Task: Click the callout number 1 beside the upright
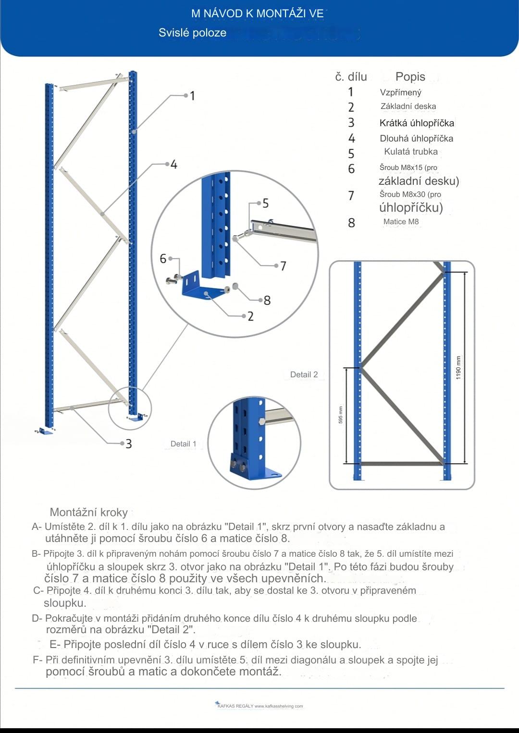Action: pyautogui.click(x=193, y=96)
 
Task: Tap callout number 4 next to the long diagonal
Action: pyautogui.click(x=174, y=165)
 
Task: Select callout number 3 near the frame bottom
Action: pyautogui.click(x=129, y=444)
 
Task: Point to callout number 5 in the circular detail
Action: pyautogui.click(x=265, y=204)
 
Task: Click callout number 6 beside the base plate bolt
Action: pyautogui.click(x=163, y=259)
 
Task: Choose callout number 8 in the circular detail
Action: pyautogui.click(x=267, y=300)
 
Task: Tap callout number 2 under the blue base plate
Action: pyautogui.click(x=250, y=316)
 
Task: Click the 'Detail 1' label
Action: pyautogui.click(x=184, y=444)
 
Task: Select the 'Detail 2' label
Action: pyautogui.click(x=304, y=375)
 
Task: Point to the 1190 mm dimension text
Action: pyautogui.click(x=458, y=368)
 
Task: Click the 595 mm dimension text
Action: pyautogui.click(x=341, y=415)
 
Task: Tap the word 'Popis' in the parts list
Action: pyautogui.click(x=410, y=77)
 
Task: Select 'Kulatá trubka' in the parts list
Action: pyautogui.click(x=411, y=152)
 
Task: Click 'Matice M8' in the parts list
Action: pyautogui.click(x=401, y=222)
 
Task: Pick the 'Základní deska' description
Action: pyautogui.click(x=408, y=107)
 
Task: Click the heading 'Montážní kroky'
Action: pyautogui.click(x=89, y=512)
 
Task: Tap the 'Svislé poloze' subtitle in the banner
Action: pyautogui.click(x=192, y=33)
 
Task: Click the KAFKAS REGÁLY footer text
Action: pyautogui.click(x=260, y=706)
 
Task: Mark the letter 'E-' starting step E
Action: pyautogui.click(x=54, y=644)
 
